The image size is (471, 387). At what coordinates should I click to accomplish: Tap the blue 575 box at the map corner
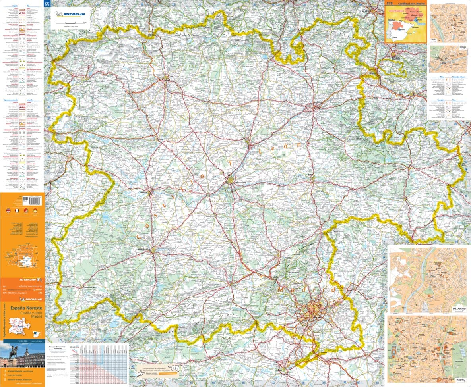47,4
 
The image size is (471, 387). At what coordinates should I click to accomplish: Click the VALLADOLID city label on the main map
241,183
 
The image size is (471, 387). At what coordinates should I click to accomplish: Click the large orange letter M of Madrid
282,290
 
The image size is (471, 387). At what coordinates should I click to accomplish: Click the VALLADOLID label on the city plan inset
459,308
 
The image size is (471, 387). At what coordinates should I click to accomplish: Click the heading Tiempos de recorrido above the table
57,347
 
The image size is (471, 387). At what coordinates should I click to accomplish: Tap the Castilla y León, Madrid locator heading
409,4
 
